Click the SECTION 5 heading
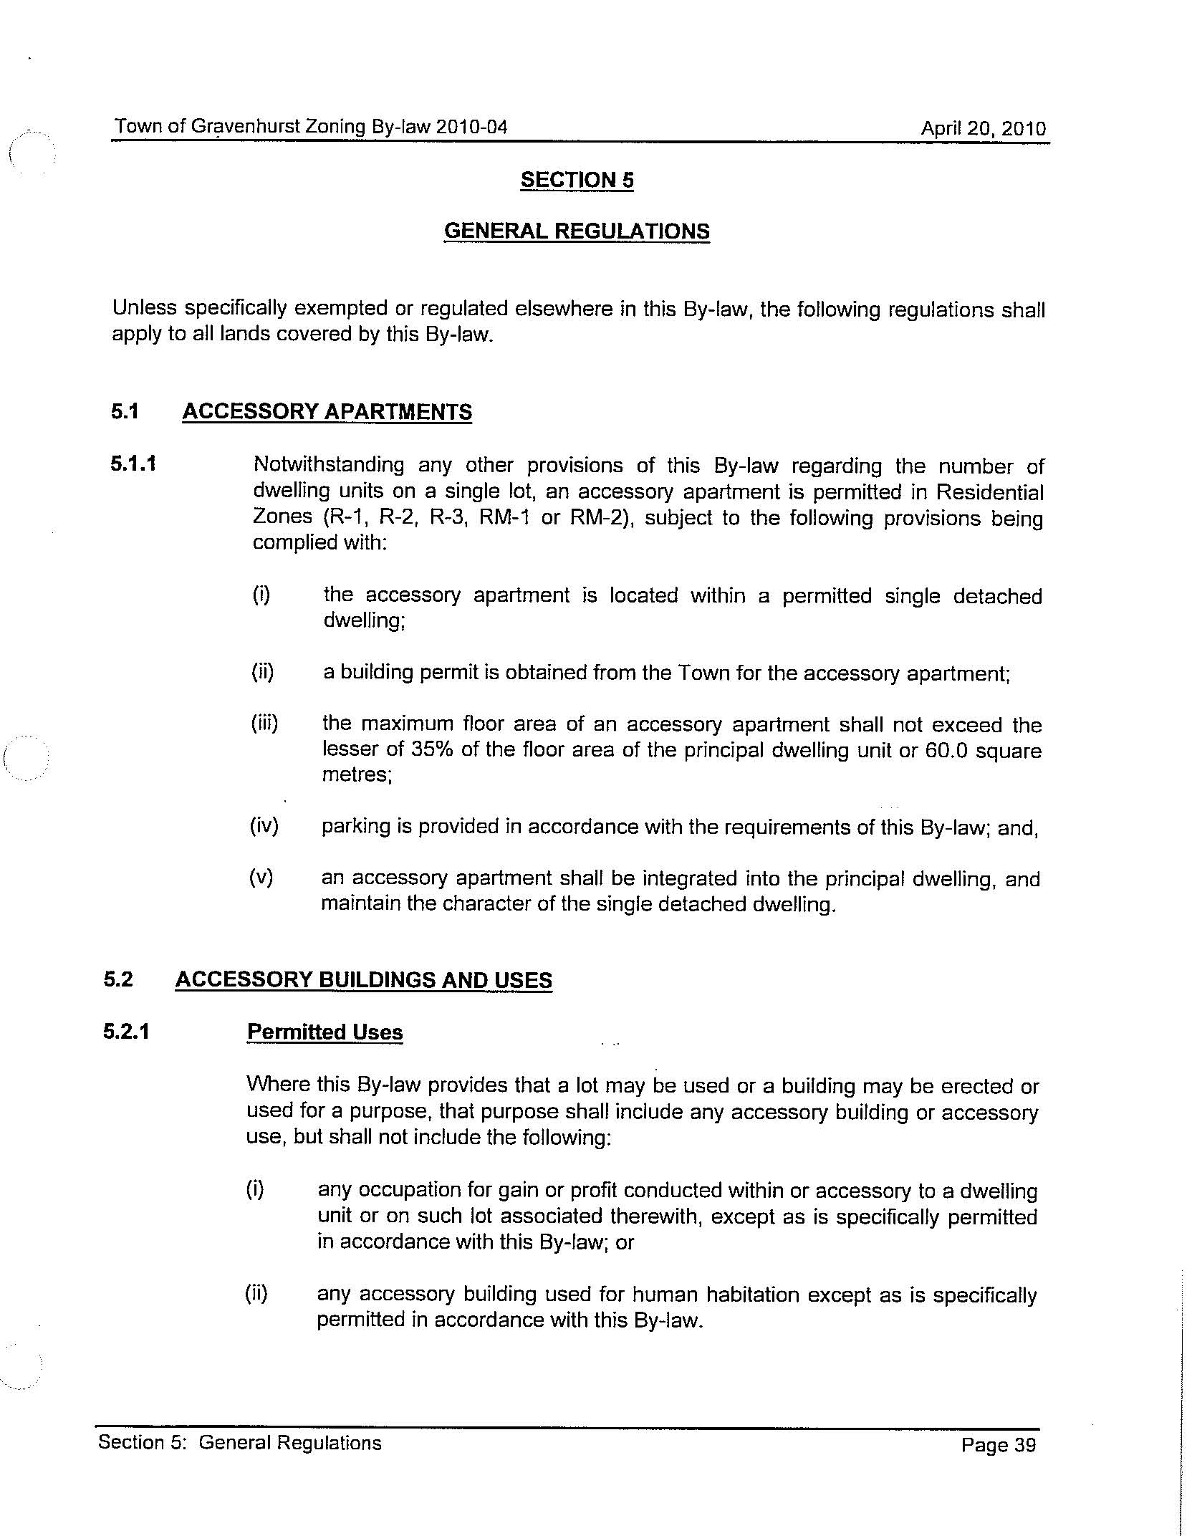(x=577, y=180)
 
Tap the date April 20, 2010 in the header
(x=983, y=129)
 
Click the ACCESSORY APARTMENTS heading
(x=327, y=412)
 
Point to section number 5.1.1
(x=133, y=464)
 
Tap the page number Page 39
(x=999, y=1445)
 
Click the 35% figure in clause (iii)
(x=428, y=749)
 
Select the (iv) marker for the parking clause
(x=264, y=826)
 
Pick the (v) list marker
(x=261, y=878)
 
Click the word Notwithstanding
(x=329, y=465)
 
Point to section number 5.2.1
(x=127, y=1032)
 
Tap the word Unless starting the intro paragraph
(x=144, y=308)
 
